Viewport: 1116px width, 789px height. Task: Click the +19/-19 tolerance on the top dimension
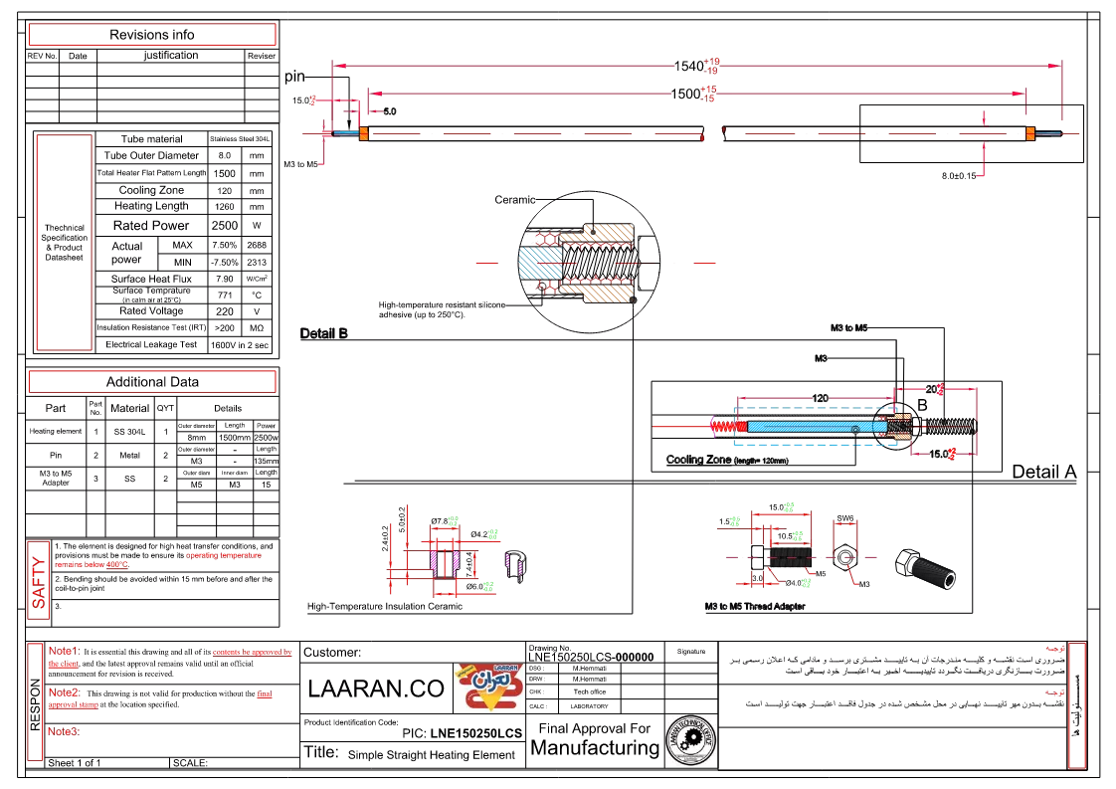(711, 67)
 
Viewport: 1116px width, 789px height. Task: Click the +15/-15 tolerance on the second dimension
(707, 95)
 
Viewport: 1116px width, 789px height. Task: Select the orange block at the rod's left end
(364, 133)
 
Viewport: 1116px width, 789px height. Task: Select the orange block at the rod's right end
(1029, 133)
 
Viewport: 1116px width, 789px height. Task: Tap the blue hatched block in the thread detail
(540, 263)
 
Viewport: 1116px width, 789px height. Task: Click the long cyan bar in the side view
(810, 427)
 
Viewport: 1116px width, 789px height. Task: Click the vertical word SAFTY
(38, 580)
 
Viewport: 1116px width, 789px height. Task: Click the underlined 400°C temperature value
(117, 565)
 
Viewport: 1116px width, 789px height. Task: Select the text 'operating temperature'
(224, 555)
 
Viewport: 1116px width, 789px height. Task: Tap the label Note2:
(64, 691)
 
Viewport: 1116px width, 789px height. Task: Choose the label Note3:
(64, 731)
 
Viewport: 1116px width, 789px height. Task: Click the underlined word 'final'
(264, 694)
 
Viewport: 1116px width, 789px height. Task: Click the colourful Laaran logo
(488, 688)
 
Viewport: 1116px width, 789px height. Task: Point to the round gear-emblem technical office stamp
(691, 740)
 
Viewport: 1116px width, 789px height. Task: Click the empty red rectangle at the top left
(151, 35)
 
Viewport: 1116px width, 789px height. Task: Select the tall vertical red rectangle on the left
(64, 243)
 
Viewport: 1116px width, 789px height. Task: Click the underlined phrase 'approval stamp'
(74, 704)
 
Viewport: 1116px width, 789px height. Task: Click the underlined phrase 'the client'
(64, 664)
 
